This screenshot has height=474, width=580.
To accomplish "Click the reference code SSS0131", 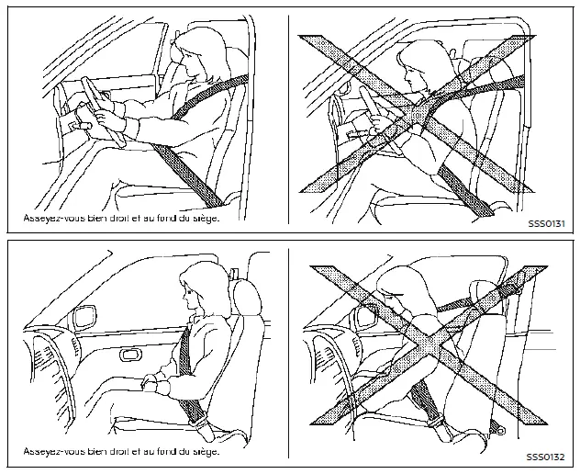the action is point(546,223).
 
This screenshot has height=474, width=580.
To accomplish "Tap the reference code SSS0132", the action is point(546,457).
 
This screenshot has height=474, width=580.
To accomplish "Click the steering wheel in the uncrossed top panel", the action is point(103,111).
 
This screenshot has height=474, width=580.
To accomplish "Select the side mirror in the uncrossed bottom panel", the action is point(84,317).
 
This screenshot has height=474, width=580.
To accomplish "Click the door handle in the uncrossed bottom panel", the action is point(129,355).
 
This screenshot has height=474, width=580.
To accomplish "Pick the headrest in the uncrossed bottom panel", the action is point(247,297).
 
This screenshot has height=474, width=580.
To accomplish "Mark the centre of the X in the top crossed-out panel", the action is point(418,114).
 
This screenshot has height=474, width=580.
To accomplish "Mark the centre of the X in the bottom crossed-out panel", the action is point(429,345).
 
